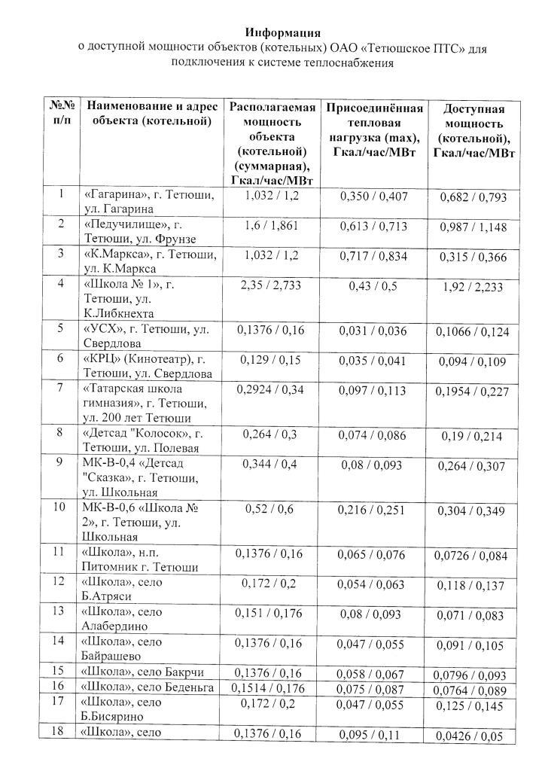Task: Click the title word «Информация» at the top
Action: point(282,33)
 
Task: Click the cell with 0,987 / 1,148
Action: point(473,228)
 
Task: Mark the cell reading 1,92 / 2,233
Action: point(473,288)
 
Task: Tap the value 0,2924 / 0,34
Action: point(272,390)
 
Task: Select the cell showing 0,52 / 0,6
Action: point(272,510)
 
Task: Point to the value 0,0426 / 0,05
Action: point(473,736)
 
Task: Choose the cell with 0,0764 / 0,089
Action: point(473,689)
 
